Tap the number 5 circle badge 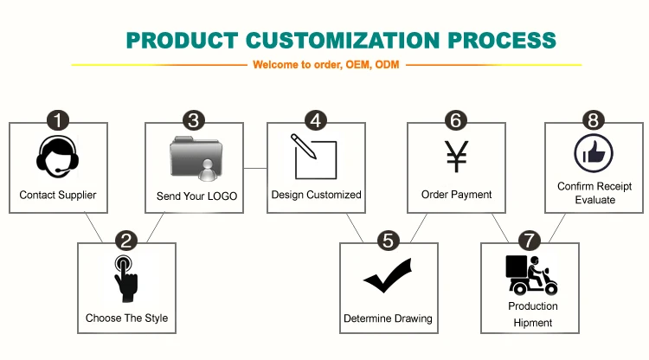click(x=389, y=241)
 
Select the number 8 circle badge click(x=592, y=120)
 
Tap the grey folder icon click(x=196, y=158)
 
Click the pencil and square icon click(x=314, y=156)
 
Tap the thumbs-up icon click(x=594, y=154)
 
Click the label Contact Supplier click(x=58, y=196)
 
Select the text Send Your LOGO click(x=196, y=196)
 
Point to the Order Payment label click(x=456, y=195)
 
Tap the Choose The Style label click(x=126, y=318)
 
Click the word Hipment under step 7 click(x=532, y=323)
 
